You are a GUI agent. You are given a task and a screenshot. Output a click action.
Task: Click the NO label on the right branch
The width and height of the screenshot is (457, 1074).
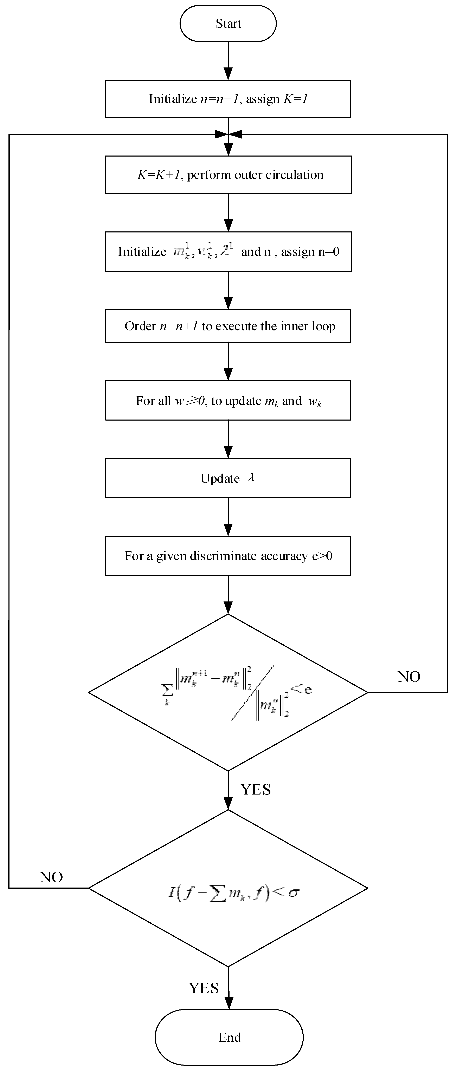(x=409, y=677)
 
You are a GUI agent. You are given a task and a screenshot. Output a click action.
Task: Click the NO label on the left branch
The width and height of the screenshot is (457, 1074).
(x=51, y=877)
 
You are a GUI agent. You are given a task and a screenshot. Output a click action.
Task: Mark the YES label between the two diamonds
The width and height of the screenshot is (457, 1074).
(x=255, y=789)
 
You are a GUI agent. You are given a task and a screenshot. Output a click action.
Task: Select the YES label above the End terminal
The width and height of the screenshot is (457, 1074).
(x=204, y=988)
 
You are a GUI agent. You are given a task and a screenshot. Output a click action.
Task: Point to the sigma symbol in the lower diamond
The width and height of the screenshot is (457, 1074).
(x=294, y=893)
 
